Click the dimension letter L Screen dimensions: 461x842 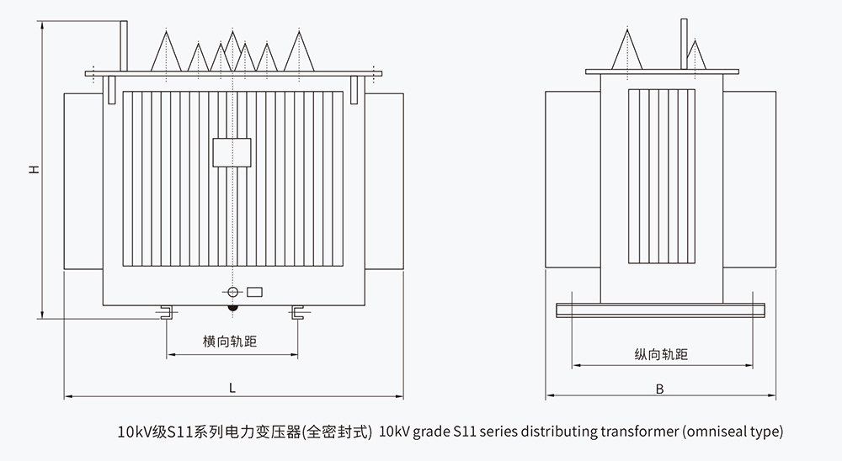click(232, 388)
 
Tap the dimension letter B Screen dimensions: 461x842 click(660, 388)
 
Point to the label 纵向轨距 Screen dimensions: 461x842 click(661, 355)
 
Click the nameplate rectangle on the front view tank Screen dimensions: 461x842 click(232, 151)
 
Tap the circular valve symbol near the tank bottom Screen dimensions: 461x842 click(232, 292)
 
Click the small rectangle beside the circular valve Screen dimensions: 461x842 click(253, 292)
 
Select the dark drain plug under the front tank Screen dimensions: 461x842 click(232, 308)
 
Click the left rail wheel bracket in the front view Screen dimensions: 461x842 click(166, 314)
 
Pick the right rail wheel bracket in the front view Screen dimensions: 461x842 click(296, 314)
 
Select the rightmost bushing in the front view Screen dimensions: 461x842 click(298, 51)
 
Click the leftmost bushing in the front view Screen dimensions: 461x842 click(165, 51)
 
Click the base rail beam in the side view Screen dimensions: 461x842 click(660, 310)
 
